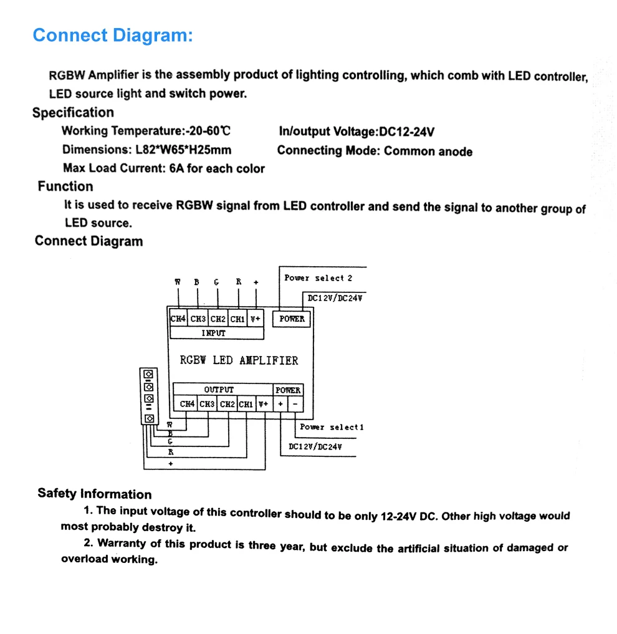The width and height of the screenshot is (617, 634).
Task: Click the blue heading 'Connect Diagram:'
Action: (113, 36)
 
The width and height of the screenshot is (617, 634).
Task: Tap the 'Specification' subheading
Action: (73, 113)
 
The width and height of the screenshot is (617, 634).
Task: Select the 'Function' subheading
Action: (65, 186)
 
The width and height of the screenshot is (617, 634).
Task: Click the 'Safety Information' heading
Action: (94, 494)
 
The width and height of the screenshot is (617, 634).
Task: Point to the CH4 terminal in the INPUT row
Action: (178, 319)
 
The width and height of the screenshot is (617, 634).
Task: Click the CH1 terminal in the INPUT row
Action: (237, 319)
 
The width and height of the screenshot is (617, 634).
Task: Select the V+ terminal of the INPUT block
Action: (256, 319)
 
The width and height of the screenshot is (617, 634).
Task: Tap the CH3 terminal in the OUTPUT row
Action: (208, 404)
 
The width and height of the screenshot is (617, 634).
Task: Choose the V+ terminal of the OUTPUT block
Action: (264, 404)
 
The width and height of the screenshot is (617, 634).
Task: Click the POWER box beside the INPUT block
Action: (292, 319)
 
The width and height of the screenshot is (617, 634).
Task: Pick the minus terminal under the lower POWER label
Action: (295, 404)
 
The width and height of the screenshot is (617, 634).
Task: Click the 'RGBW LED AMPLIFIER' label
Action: (239, 360)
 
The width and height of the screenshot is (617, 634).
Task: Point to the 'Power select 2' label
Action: (318, 278)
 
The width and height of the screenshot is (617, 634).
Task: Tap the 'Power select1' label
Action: (332, 427)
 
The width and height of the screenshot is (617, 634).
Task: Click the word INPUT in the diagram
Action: (213, 333)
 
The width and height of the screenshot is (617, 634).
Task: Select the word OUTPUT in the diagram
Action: (219, 390)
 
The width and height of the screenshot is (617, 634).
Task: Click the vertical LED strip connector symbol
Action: (149, 396)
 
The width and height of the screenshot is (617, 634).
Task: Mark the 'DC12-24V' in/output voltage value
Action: (406, 132)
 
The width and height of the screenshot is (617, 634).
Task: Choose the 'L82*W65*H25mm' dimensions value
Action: (183, 150)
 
